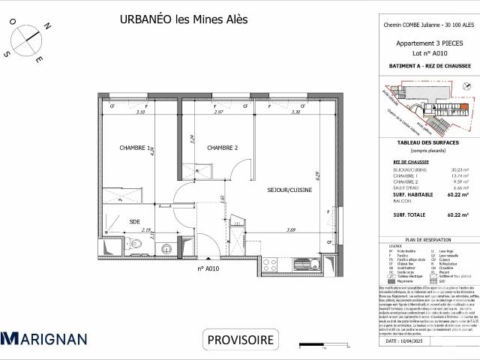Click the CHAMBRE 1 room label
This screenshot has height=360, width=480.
(x=136, y=148)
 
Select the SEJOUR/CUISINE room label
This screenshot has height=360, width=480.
(x=289, y=190)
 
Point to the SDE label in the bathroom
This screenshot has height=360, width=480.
(x=134, y=221)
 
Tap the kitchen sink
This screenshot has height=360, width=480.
(x=304, y=262)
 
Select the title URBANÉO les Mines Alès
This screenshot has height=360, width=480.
(x=184, y=19)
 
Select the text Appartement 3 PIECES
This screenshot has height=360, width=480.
(x=428, y=43)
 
